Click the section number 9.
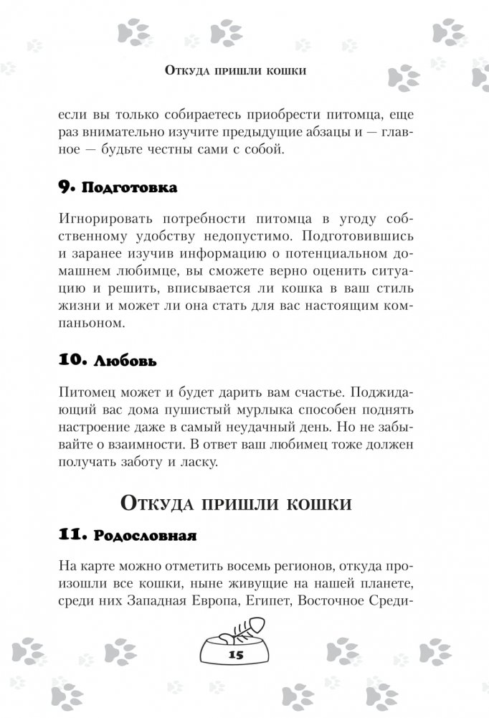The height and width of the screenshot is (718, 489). point(63,189)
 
